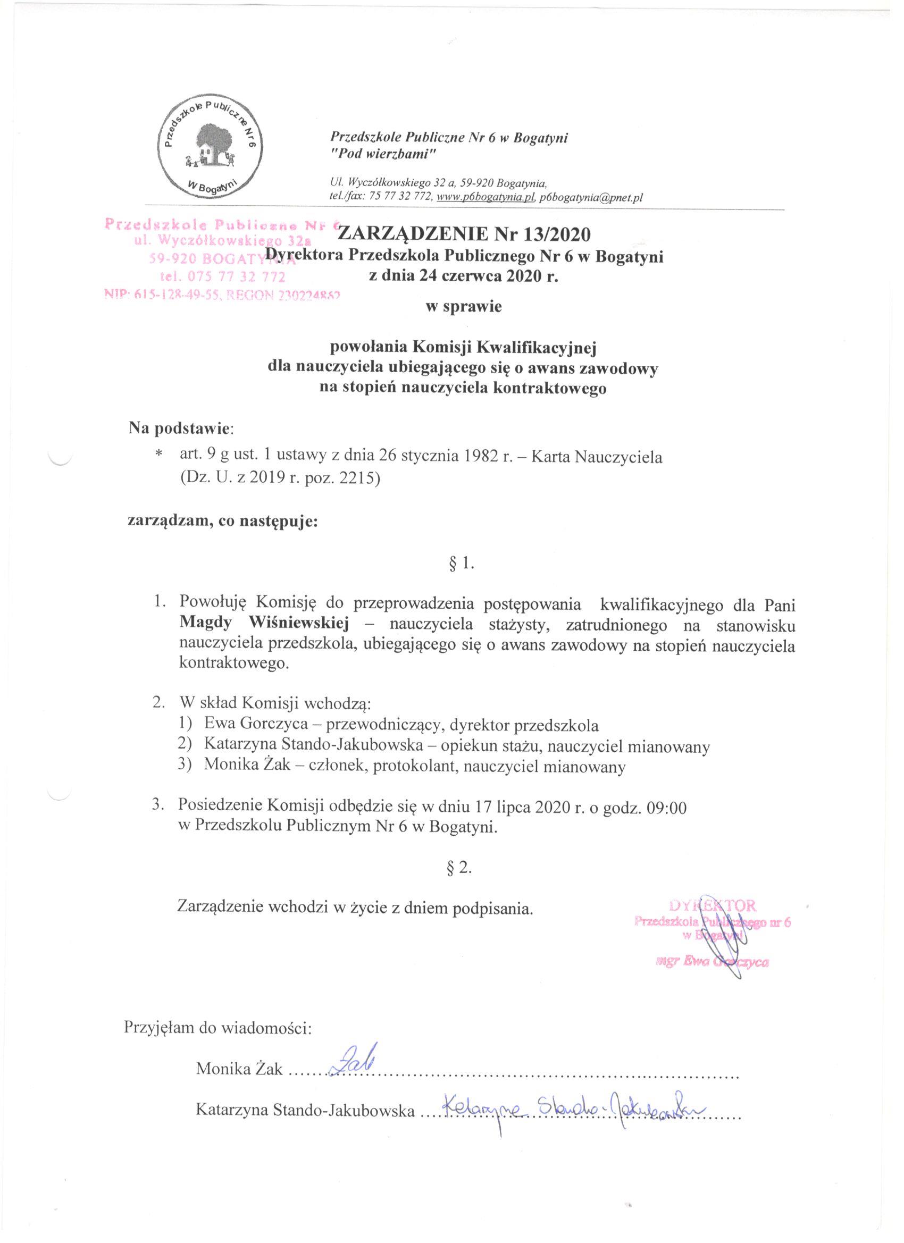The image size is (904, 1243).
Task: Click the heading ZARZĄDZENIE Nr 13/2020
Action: pyautogui.click(x=465, y=234)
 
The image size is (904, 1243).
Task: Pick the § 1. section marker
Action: pyautogui.click(x=461, y=564)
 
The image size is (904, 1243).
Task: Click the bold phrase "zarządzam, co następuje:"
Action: pyautogui.click(x=223, y=520)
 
